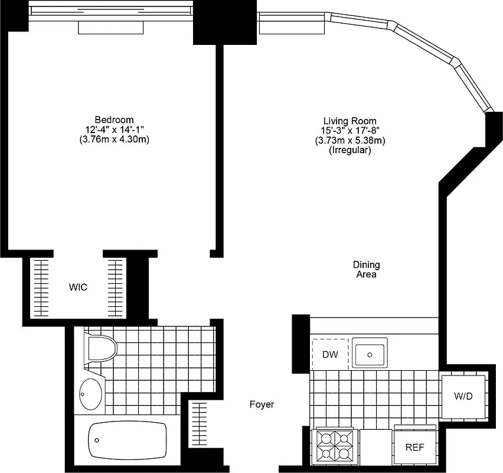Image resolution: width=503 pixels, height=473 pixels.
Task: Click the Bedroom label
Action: click(x=114, y=119)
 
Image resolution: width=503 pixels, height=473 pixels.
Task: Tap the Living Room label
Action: click(x=350, y=120)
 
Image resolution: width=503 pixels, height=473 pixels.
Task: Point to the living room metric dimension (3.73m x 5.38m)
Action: click(x=350, y=140)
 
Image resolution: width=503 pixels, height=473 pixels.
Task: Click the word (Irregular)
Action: click(x=350, y=150)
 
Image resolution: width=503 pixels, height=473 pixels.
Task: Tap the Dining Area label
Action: click(x=366, y=270)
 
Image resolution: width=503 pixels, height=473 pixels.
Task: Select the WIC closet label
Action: click(x=78, y=287)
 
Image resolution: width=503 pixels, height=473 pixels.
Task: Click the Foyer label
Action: click(x=262, y=404)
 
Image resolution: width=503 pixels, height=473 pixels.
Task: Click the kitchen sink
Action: click(x=369, y=353)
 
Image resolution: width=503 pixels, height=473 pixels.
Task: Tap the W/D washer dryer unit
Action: click(x=463, y=396)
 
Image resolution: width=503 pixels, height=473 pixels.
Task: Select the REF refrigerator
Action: click(x=414, y=447)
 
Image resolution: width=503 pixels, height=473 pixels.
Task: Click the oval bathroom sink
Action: click(x=90, y=392)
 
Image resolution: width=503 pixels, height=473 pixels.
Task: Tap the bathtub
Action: click(x=127, y=441)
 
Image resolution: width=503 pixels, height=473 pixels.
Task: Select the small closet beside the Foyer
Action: click(x=200, y=424)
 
